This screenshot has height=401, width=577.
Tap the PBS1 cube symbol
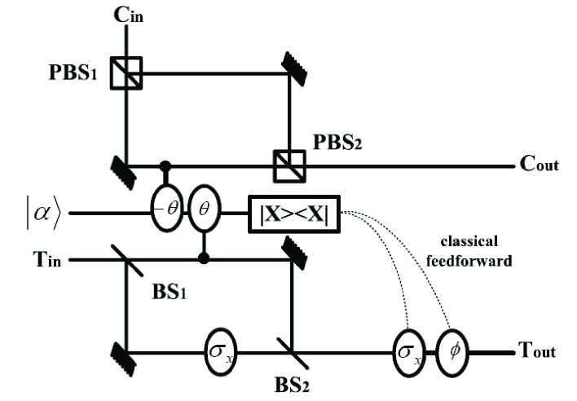[127, 72]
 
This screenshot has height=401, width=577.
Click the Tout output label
[537, 352]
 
